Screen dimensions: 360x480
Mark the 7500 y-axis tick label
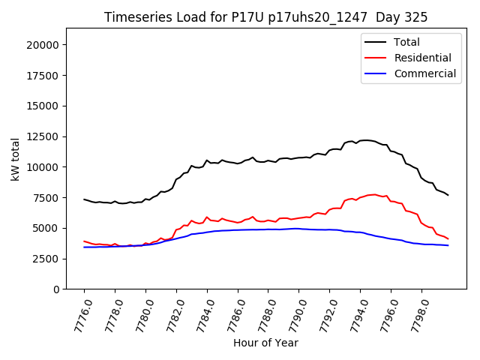46,198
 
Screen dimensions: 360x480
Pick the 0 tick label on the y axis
56,289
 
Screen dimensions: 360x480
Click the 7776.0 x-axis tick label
77,313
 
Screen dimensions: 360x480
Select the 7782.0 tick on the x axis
169,313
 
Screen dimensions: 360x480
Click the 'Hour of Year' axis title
265,343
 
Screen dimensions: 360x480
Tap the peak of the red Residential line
374,194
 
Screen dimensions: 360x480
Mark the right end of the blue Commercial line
448,245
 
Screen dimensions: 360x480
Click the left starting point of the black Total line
84,199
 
